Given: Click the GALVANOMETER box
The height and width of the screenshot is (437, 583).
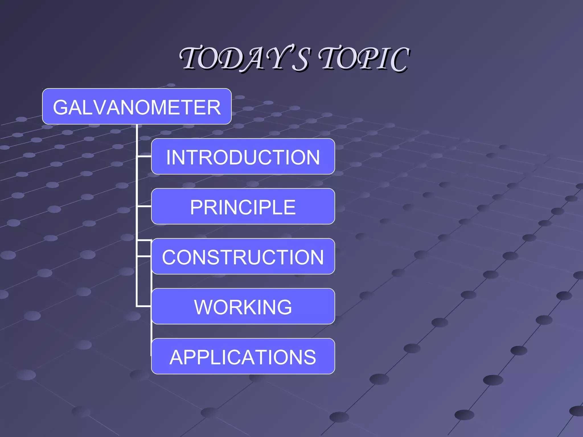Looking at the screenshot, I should [x=137, y=106].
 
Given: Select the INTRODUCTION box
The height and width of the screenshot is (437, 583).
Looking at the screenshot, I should [x=243, y=156].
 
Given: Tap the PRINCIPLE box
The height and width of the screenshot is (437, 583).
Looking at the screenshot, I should [x=243, y=207].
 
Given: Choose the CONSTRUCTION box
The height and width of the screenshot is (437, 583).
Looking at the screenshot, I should [x=243, y=256].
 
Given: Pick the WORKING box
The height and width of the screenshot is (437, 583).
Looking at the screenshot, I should [x=243, y=306].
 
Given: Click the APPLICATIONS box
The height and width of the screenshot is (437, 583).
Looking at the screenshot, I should [x=243, y=356].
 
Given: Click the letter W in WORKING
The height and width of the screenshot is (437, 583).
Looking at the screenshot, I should [x=203, y=307].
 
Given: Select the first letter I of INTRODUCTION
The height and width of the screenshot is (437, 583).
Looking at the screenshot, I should [x=169, y=157].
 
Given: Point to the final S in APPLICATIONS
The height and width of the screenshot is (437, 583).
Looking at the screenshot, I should [x=309, y=358].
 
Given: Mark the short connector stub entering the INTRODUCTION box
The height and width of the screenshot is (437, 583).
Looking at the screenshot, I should [x=144, y=156].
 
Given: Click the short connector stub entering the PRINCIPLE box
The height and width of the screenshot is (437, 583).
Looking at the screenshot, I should [x=144, y=206].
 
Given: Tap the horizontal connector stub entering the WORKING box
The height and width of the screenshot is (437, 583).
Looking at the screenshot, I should [x=144, y=306].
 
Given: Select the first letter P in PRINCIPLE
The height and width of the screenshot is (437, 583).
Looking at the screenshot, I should [x=197, y=207].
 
